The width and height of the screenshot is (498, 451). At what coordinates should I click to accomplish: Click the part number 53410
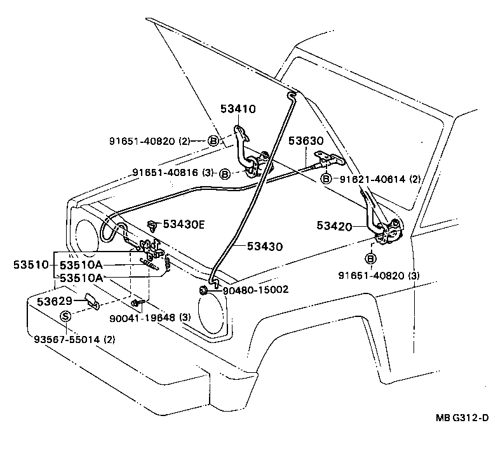pyautogui.click(x=238, y=109)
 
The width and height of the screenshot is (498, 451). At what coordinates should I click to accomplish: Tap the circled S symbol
pyautogui.click(x=65, y=316)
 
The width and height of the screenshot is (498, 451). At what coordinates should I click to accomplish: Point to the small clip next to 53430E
pyautogui.click(x=152, y=224)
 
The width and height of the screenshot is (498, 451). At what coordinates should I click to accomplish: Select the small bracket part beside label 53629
pyautogui.click(x=91, y=301)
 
